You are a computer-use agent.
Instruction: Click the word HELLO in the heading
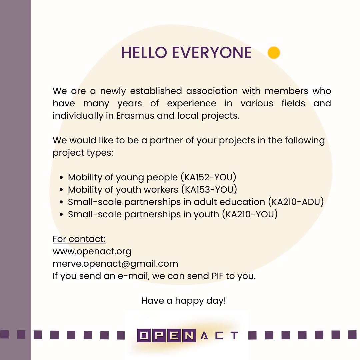pos(144,53)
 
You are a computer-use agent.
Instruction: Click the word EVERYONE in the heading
pos(212,53)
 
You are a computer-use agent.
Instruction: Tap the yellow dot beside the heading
pos(274,53)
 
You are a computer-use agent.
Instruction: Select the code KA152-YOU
pos(208,177)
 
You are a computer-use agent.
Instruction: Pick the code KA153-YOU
pos(209,190)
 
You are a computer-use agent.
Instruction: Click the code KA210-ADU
pos(296,202)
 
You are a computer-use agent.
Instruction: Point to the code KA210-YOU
pos(250,214)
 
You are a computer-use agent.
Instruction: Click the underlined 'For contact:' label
pos(79,239)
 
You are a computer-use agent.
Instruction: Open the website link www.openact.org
pos(92,252)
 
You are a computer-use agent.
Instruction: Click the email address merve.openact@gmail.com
pos(115,264)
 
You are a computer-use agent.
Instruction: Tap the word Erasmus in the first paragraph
pos(135,116)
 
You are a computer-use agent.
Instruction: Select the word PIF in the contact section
pos(217,276)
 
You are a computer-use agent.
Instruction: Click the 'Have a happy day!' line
pos(184,301)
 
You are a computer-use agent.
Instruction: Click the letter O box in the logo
pos(144,335)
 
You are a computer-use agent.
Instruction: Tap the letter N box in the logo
pos(189,335)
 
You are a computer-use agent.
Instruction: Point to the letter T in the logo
pos(234,335)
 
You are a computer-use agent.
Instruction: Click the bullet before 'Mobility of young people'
pos(61,177)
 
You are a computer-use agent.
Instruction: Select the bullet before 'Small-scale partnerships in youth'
pos(61,214)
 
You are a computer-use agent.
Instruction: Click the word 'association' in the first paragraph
pos(212,91)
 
